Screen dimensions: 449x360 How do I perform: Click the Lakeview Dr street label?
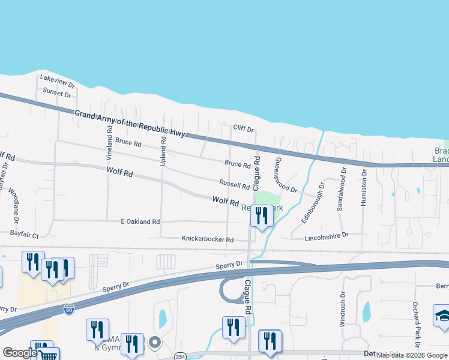(57, 78)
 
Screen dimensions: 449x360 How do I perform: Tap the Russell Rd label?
(234, 186)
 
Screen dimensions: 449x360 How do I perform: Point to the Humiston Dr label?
(364, 188)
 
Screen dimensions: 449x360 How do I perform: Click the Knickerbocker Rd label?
(208, 239)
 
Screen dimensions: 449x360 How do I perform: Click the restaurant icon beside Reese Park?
(261, 214)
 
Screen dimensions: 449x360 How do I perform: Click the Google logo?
(20, 353)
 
